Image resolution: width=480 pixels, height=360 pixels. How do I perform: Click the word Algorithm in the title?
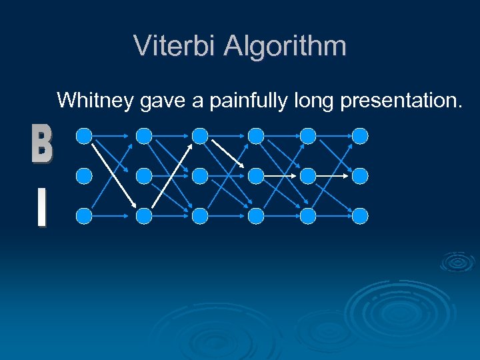click(285, 46)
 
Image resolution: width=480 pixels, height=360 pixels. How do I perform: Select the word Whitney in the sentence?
click(96, 101)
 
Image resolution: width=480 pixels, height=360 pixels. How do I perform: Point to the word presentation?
click(400, 101)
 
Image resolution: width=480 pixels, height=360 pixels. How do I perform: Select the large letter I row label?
click(41, 208)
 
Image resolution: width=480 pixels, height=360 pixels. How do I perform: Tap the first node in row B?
click(84, 137)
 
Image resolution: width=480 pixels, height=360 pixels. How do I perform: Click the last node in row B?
click(360, 137)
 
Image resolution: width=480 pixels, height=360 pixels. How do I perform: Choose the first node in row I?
click(84, 215)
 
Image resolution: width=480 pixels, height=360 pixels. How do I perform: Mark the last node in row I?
click(360, 215)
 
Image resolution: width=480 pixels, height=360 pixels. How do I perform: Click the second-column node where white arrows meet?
click(144, 215)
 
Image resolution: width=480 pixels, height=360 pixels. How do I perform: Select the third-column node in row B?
click(199, 137)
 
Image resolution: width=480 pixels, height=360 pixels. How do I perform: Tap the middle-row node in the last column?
click(360, 176)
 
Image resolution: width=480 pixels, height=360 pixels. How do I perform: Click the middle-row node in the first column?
click(84, 176)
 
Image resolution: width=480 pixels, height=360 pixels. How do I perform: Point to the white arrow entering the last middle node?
click(330, 176)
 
